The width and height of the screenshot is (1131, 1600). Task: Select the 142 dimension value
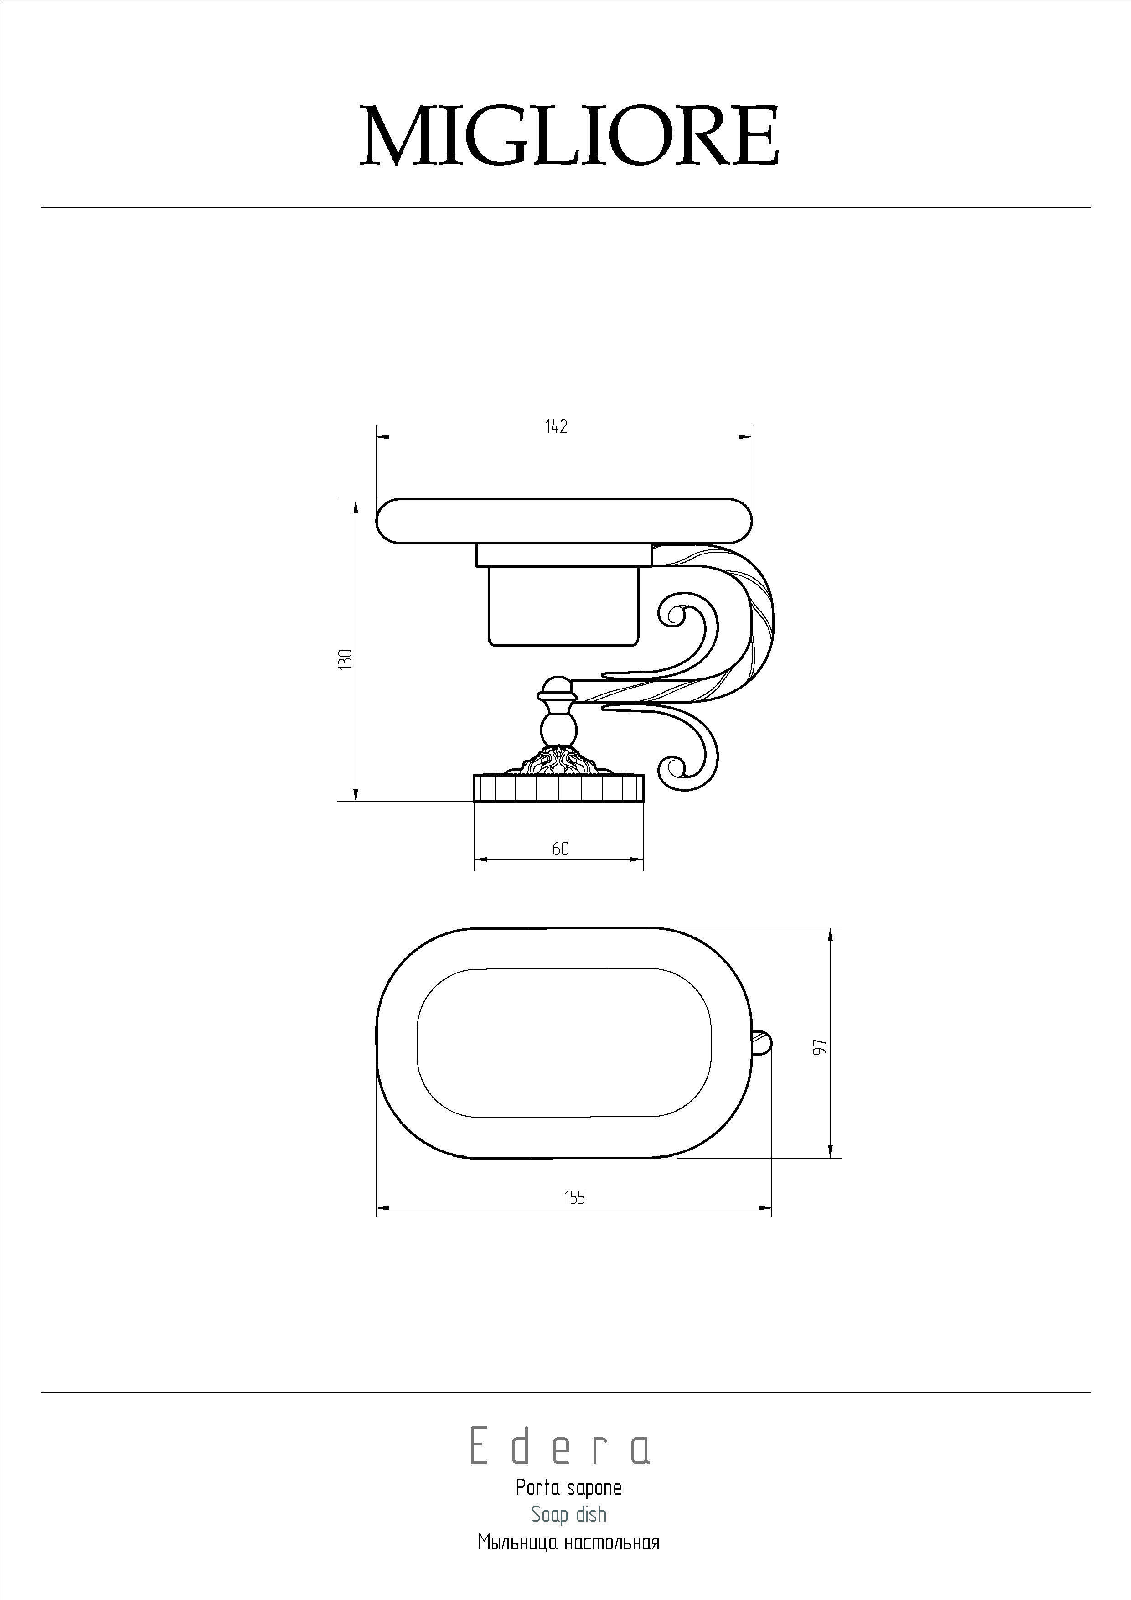pyautogui.click(x=556, y=426)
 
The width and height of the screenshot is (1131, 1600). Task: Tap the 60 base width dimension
pyautogui.click(x=560, y=848)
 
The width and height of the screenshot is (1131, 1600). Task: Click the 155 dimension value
pyautogui.click(x=575, y=1197)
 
